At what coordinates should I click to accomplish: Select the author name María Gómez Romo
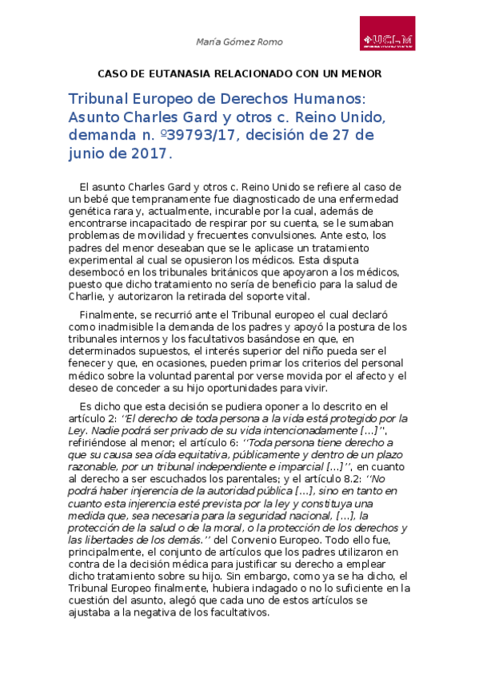[x=239, y=42]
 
